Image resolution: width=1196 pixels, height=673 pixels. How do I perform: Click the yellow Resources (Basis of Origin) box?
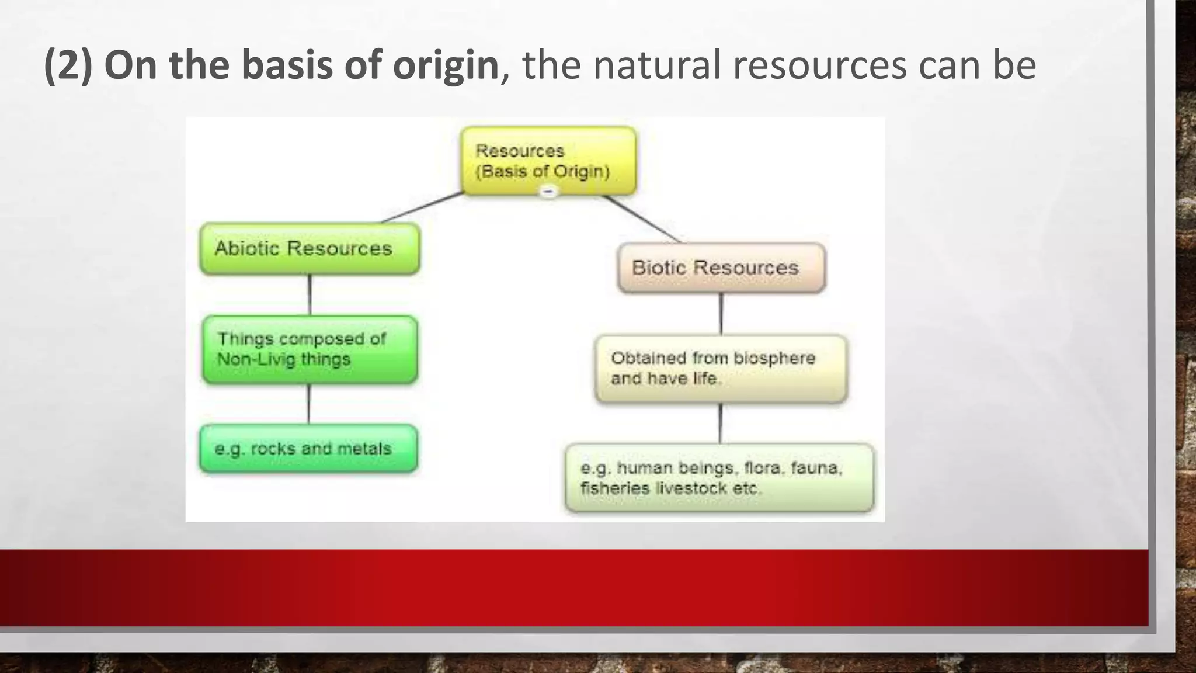point(548,160)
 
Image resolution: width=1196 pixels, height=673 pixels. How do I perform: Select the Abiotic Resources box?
point(310,248)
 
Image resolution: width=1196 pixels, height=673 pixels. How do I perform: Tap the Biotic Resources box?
point(721,268)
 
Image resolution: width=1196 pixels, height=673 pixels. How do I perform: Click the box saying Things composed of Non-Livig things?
point(310,349)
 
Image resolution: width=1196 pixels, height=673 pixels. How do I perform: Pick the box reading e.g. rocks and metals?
point(308,449)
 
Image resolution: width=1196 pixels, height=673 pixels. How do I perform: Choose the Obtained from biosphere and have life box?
point(721,368)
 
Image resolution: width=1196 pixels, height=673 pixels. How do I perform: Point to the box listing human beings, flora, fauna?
point(719,478)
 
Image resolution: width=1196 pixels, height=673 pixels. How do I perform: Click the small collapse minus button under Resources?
point(548,192)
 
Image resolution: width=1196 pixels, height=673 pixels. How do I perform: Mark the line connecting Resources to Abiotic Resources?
point(422,208)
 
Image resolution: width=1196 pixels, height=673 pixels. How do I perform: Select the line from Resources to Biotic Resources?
point(641,218)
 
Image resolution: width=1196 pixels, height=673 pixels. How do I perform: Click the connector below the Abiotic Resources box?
point(310,295)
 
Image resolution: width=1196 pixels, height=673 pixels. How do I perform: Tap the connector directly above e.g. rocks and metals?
point(308,404)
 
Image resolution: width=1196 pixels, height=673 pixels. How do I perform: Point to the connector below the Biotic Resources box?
point(721,314)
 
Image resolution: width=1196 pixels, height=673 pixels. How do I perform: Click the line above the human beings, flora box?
point(720,423)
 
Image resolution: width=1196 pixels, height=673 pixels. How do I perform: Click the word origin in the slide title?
point(445,65)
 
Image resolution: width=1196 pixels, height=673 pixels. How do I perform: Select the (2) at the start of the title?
point(68,65)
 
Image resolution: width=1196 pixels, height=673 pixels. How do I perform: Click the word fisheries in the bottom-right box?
point(614,488)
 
